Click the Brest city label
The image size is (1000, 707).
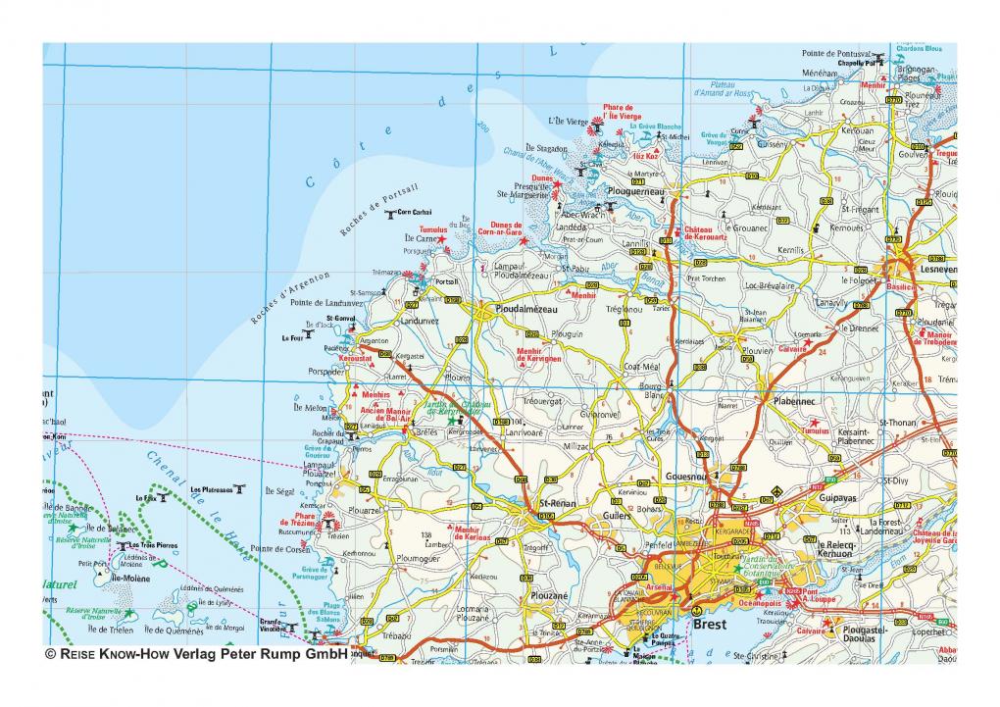point(709,623)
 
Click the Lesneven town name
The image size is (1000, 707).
point(934,269)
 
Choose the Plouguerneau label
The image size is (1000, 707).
point(635,192)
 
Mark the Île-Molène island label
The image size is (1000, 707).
point(129,580)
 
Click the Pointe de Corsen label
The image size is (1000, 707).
point(280,548)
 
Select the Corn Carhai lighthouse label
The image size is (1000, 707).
point(415,212)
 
